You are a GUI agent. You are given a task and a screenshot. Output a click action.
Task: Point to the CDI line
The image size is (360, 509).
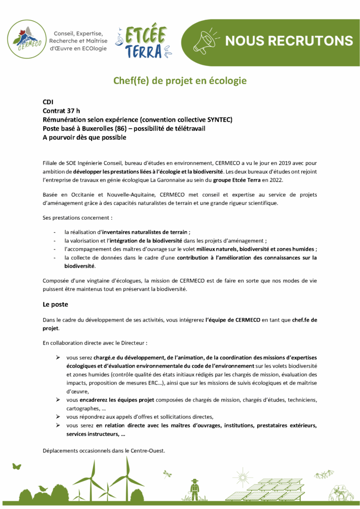coord(48,101)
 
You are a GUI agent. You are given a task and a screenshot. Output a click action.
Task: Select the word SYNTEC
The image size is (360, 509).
coord(218,119)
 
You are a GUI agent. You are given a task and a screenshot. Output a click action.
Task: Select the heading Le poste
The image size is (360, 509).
coord(55,303)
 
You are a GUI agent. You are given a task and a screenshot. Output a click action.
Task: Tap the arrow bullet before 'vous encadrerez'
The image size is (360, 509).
coord(58,400)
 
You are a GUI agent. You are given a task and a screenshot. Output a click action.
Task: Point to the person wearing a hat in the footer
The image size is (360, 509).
coord(195,489)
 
